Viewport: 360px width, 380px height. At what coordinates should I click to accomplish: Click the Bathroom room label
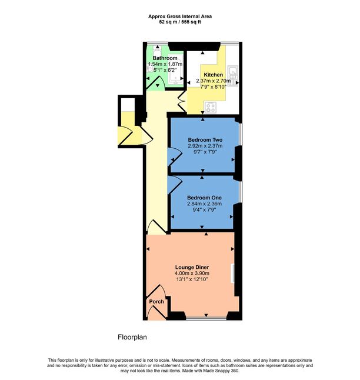pyautogui.click(x=165, y=58)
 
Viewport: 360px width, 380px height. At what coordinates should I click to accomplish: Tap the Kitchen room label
pyautogui.click(x=213, y=75)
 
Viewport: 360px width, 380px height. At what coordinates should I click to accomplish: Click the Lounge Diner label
pyautogui.click(x=192, y=266)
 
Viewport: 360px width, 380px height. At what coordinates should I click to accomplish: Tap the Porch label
pyautogui.click(x=156, y=302)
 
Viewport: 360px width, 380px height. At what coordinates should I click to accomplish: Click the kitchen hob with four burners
pyautogui.click(x=211, y=108)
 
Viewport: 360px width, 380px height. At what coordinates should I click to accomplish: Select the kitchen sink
pyautogui.click(x=234, y=74)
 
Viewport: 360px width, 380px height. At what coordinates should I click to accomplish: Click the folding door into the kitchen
pyautogui.click(x=182, y=101)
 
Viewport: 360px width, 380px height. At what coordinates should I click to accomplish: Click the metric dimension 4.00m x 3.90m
pyautogui.click(x=192, y=273)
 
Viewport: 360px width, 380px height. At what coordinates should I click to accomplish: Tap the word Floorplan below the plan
pyautogui.click(x=132, y=338)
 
